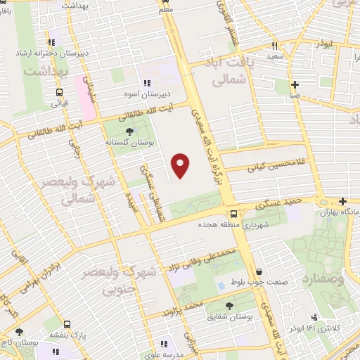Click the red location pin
point(181,165)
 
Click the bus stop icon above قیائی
point(58,91)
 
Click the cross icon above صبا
point(295,83)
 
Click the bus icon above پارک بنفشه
point(66,325)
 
